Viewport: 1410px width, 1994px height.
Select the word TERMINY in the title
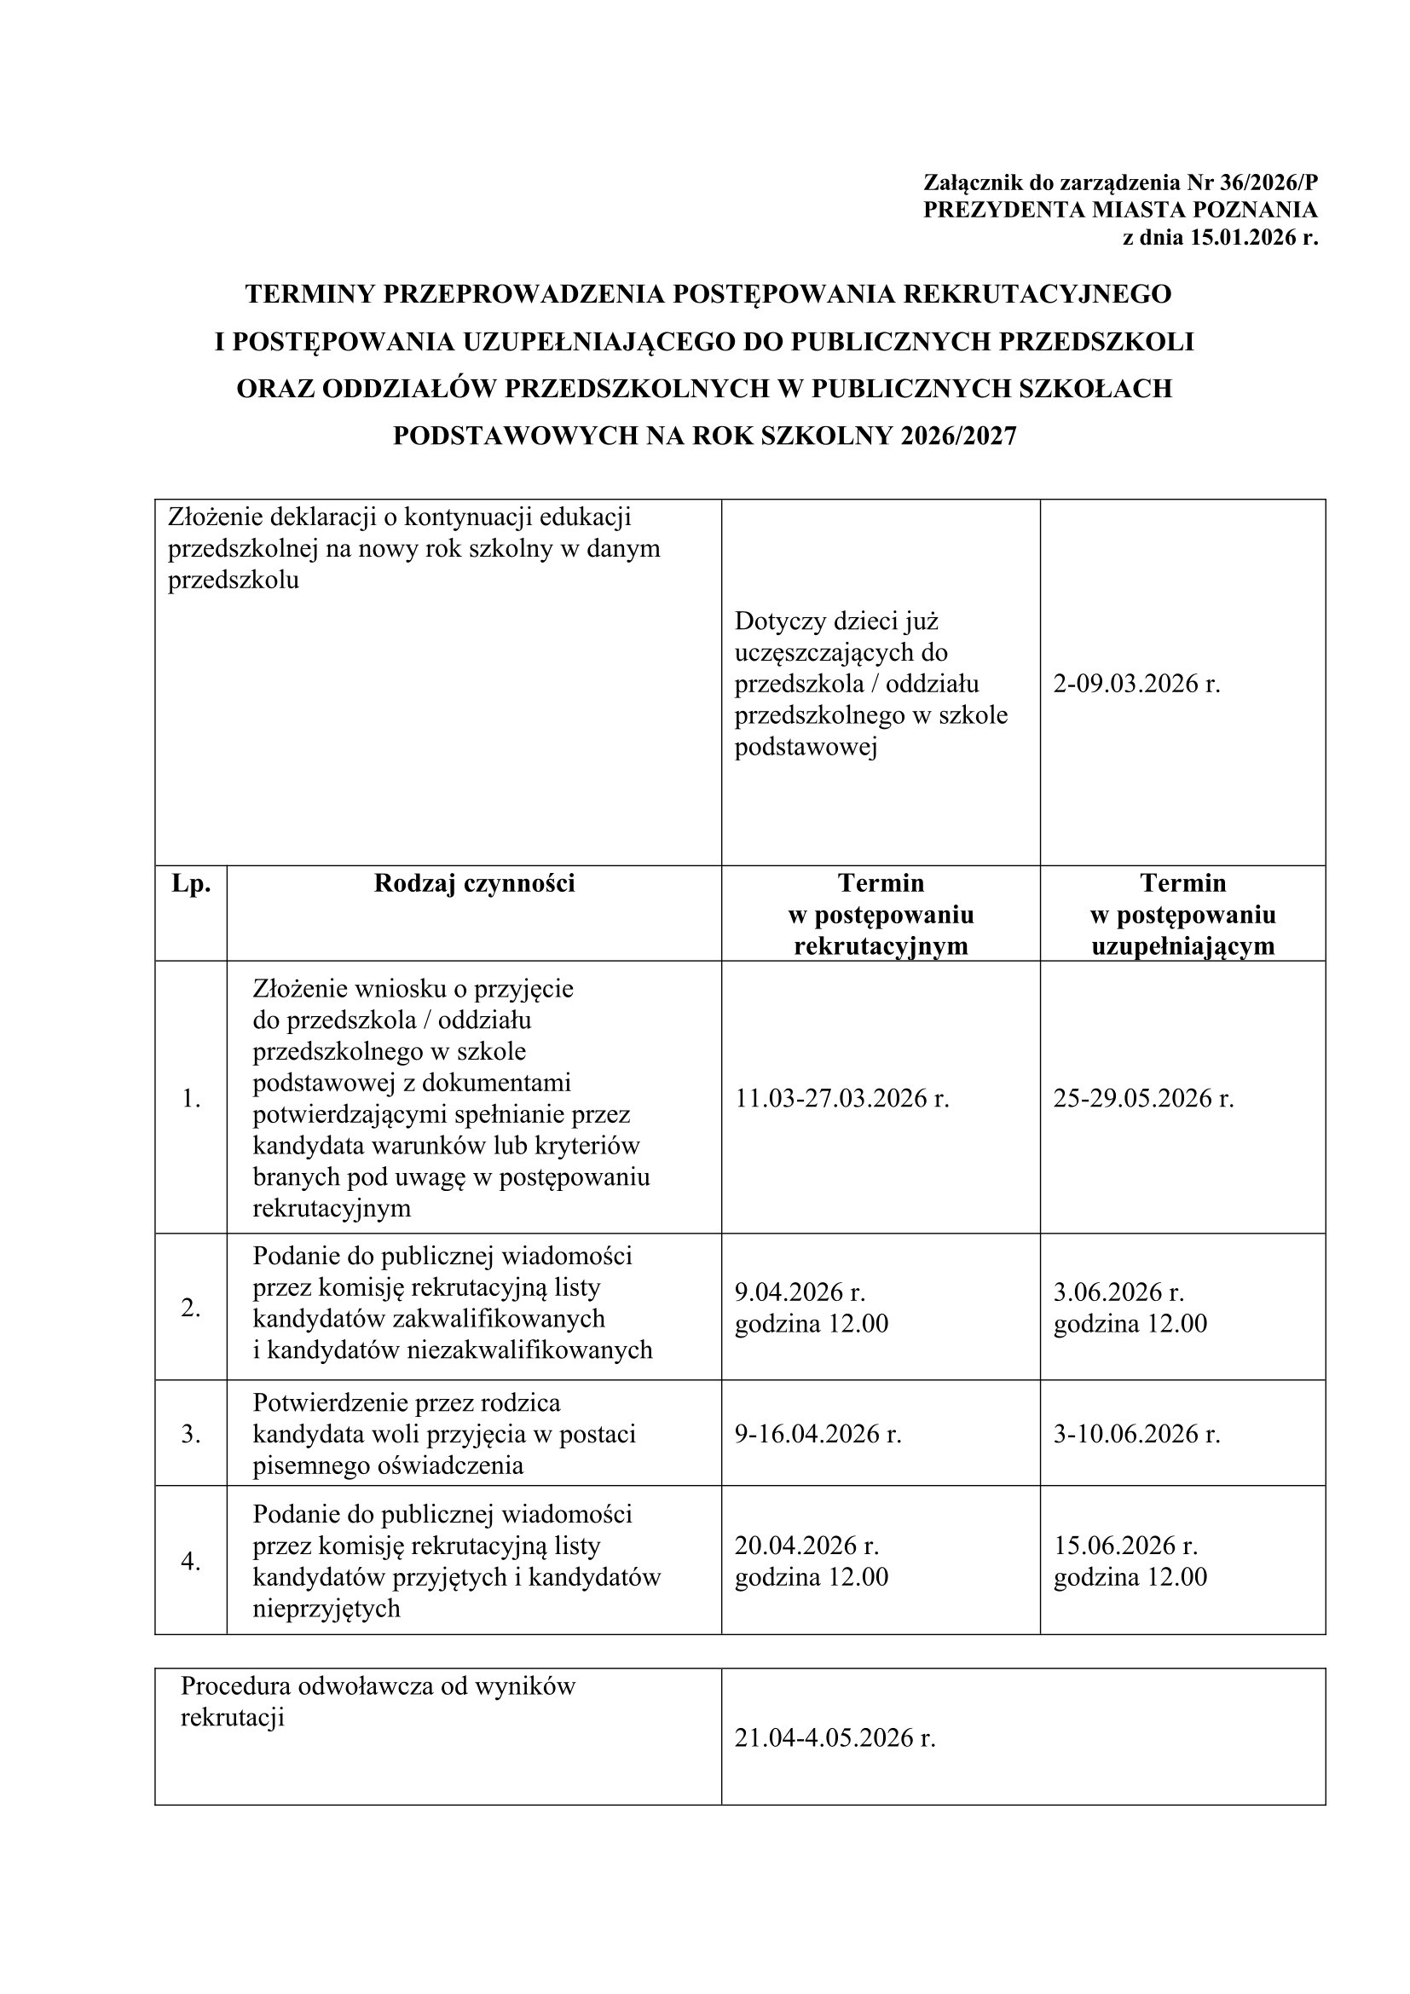[x=310, y=294]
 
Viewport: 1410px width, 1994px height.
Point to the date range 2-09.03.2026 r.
[x=1136, y=684]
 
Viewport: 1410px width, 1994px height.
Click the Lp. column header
[x=191, y=883]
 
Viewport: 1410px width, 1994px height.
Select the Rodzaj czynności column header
[x=474, y=883]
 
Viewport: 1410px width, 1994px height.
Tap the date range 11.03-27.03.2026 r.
[x=841, y=1099]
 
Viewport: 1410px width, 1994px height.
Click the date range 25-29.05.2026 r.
[x=1143, y=1099]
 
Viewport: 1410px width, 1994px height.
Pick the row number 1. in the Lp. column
[x=191, y=1099]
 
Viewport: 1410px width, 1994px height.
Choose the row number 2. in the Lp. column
[x=191, y=1307]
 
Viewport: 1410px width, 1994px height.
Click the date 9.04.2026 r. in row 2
[x=800, y=1292]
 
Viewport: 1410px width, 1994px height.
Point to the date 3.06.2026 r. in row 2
[x=1118, y=1292]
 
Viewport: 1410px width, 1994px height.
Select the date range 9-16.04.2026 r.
[x=818, y=1434]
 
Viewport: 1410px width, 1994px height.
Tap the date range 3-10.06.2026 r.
[x=1136, y=1434]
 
